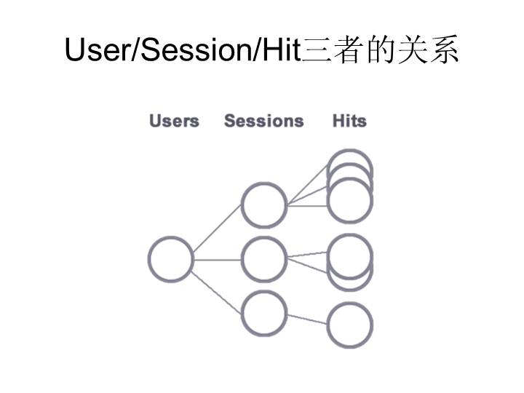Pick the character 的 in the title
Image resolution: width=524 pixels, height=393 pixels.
tap(381, 50)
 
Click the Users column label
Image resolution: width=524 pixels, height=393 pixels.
tap(174, 121)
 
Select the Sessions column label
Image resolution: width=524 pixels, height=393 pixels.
tap(263, 121)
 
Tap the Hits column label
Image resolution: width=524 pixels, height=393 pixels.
tap(349, 121)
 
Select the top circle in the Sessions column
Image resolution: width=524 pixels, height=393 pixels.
tap(264, 205)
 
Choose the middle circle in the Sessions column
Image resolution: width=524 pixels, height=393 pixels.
tap(264, 260)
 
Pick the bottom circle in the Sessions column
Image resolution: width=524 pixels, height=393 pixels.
tap(264, 313)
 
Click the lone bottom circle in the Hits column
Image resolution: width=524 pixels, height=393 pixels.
tap(349, 325)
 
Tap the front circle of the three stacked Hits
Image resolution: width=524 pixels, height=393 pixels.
tap(350, 200)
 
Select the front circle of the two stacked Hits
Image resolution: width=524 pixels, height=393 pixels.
tap(350, 256)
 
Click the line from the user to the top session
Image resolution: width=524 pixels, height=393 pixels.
tap(217, 231)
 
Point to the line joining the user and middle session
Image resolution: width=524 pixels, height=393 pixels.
tap(217, 260)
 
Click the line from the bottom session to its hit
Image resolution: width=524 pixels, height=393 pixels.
tap(306, 319)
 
